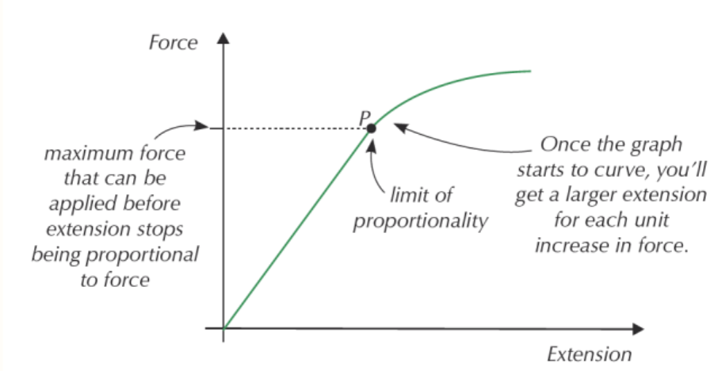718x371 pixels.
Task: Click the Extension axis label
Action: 590,353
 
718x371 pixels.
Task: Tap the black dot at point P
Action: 370,127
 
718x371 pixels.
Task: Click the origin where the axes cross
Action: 224,327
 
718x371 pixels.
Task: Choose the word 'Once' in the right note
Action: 563,144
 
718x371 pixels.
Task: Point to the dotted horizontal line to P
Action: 293,127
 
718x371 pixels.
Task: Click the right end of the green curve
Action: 528,71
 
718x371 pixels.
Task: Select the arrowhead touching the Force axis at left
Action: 203,126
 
